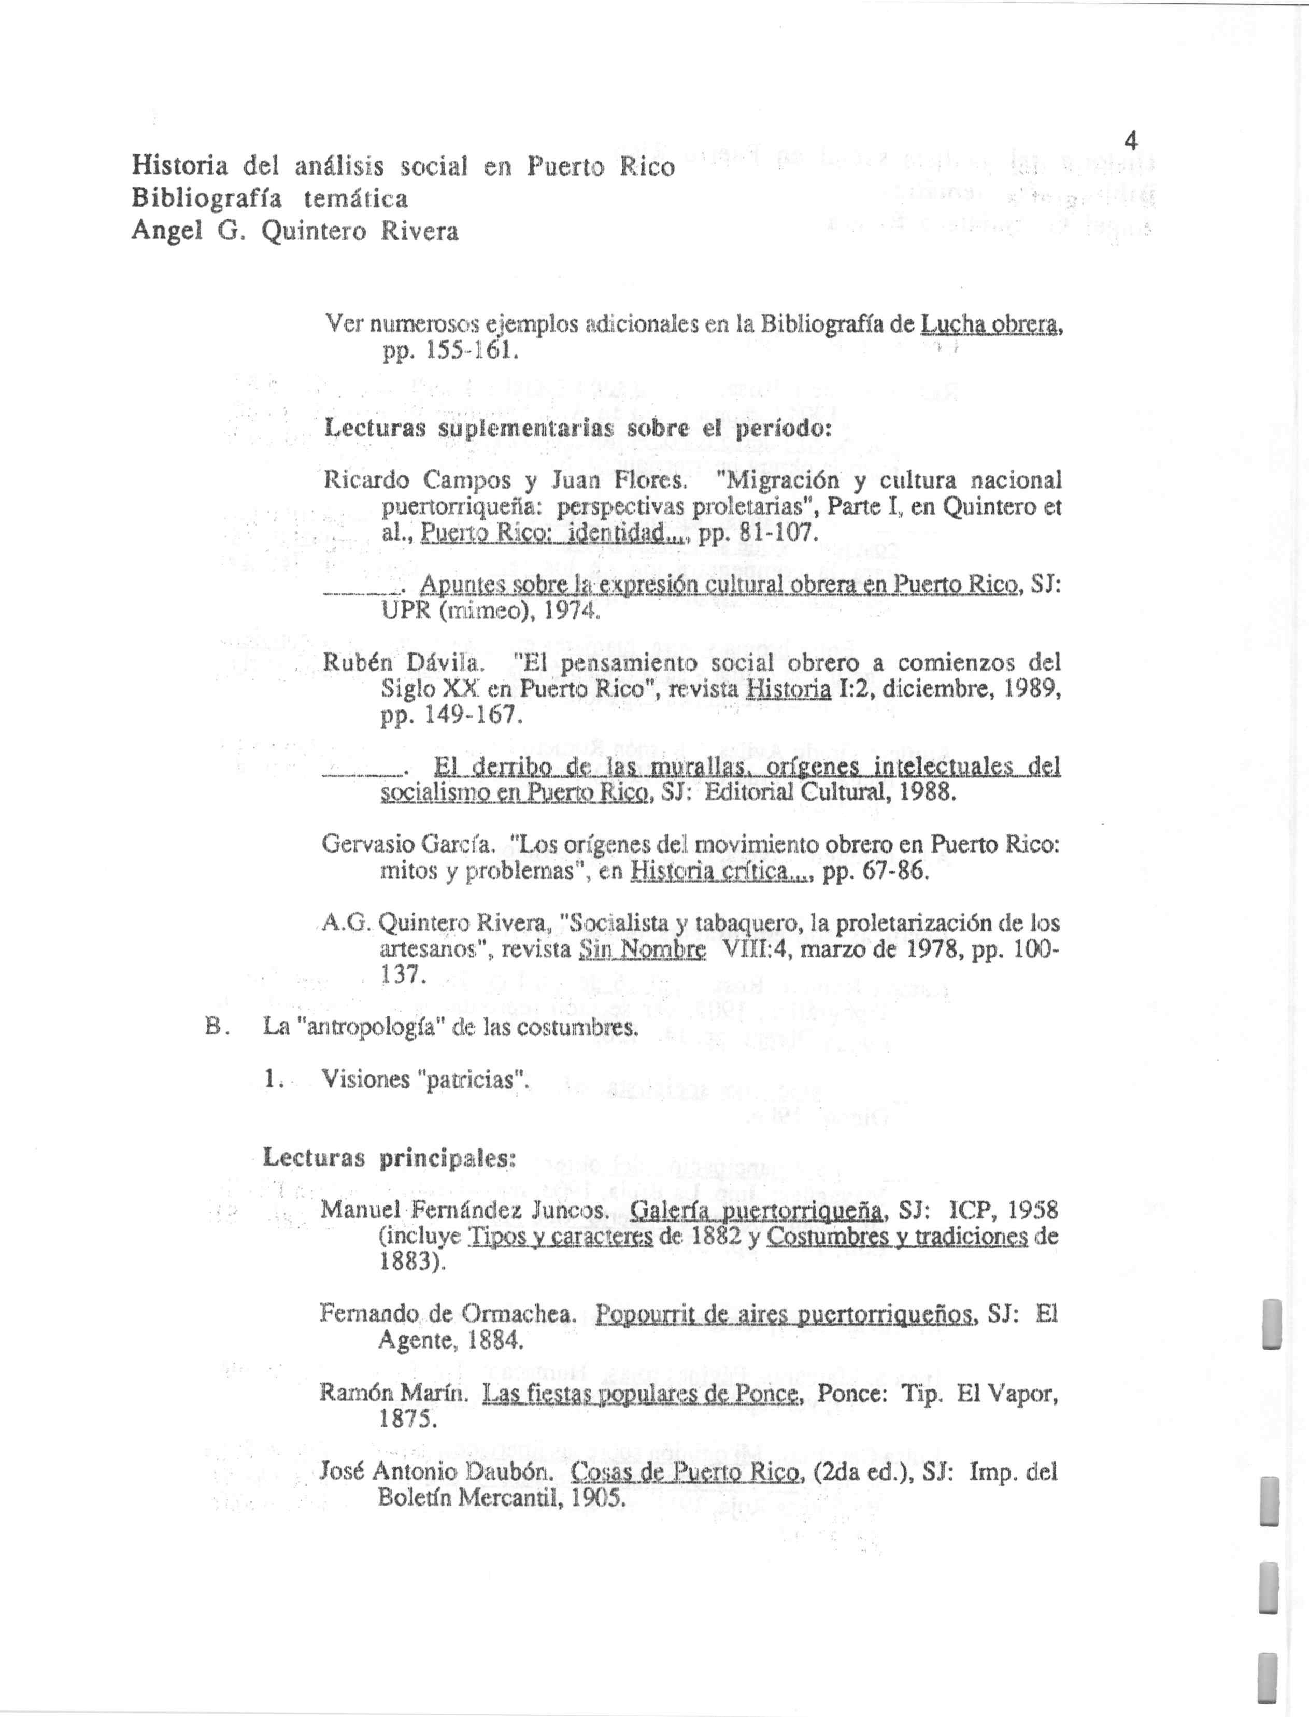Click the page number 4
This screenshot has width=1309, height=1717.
point(1131,141)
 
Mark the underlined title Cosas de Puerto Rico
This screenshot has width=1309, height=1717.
point(687,1471)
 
